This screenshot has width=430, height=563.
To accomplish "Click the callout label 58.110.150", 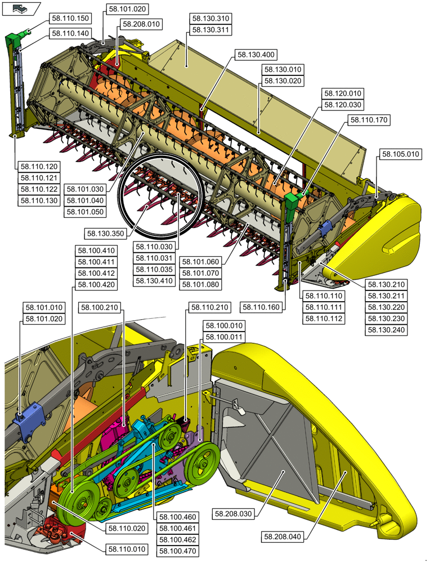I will (70, 19).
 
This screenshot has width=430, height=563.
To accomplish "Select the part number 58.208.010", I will (141, 24).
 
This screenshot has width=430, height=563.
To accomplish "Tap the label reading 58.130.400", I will (256, 55).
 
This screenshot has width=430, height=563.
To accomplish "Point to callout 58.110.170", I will (369, 119).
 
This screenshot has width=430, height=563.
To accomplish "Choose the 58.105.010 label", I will (401, 154).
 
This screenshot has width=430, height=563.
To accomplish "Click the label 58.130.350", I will (105, 233).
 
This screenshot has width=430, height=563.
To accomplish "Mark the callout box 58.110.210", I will (209, 307).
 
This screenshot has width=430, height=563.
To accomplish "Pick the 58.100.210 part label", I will (100, 307).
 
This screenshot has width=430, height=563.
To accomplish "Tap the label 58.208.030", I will (234, 513).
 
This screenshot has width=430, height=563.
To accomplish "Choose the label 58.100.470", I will (177, 551).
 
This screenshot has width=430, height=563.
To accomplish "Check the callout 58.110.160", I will (262, 307).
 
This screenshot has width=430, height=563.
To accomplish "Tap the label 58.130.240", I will (386, 330).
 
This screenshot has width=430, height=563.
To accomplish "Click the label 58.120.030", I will (343, 105).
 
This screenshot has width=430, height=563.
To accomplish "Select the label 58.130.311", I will (210, 30).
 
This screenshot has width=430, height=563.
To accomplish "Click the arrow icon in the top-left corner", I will (21, 8).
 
